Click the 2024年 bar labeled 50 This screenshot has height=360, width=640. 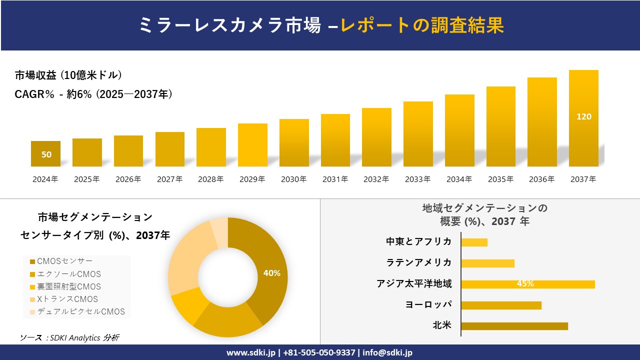46,154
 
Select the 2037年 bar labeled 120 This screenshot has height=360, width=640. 583,118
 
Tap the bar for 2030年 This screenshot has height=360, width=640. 294,142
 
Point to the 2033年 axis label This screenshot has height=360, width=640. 417,179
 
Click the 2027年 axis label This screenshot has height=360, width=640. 169,179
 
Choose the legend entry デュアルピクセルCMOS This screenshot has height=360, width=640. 77,311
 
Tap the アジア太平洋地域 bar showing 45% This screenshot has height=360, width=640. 527,284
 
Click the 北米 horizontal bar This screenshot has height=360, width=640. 514,326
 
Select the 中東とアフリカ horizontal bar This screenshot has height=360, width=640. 474,242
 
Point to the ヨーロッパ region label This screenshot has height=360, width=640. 428,304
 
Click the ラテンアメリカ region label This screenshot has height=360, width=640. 419,262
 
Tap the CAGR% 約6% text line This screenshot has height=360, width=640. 93,94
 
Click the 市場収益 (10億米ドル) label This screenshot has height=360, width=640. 68,75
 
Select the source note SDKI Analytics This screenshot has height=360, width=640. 69,337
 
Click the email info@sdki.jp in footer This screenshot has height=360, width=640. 387,352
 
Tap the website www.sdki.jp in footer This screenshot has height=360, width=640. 250,352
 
